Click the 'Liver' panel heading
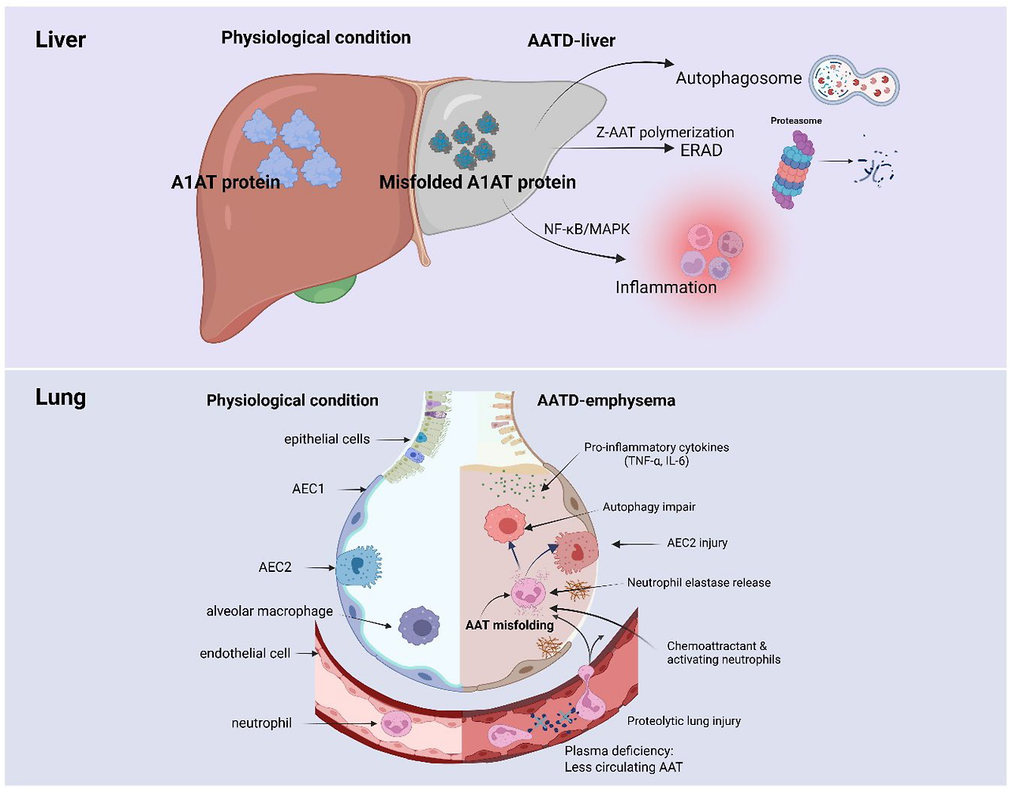61,40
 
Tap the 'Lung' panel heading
61,398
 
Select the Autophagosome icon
854,81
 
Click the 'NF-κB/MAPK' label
586,230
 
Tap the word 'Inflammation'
666,288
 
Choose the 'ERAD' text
701,150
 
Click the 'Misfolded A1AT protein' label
477,183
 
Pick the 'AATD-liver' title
571,41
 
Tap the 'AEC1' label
308,489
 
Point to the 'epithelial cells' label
327,439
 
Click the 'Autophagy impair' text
649,507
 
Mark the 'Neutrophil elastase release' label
698,583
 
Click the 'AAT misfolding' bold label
509,626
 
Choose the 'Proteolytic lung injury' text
683,721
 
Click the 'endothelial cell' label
245,654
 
